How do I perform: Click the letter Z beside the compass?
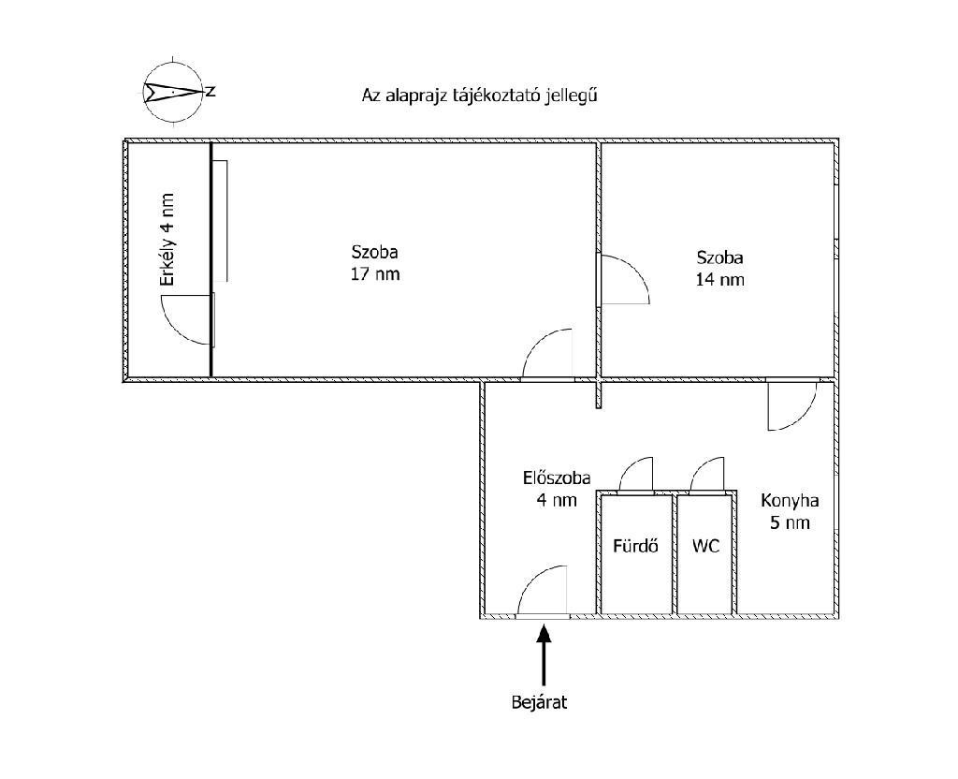[x=211, y=92]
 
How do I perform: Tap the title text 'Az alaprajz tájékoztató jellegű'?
[x=479, y=95]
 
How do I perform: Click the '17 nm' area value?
[x=375, y=274]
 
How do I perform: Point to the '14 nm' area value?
[x=719, y=279]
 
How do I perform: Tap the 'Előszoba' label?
[x=556, y=478]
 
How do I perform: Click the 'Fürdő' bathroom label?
[x=635, y=546]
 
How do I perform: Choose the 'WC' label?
[x=706, y=546]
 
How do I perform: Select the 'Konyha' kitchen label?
[x=789, y=500]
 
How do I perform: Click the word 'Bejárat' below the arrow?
[x=540, y=702]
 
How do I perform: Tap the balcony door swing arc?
[x=185, y=318]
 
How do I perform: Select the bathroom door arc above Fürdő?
[x=636, y=474]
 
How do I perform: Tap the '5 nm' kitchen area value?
[x=789, y=522]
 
